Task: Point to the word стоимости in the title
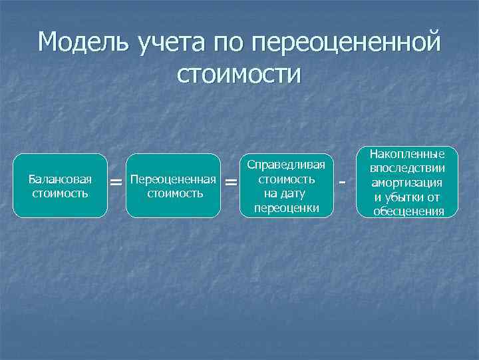pos(239,73)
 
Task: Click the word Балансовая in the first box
pos(61,179)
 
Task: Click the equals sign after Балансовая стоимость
pos(116,182)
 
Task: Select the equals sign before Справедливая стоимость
pos(231,182)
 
